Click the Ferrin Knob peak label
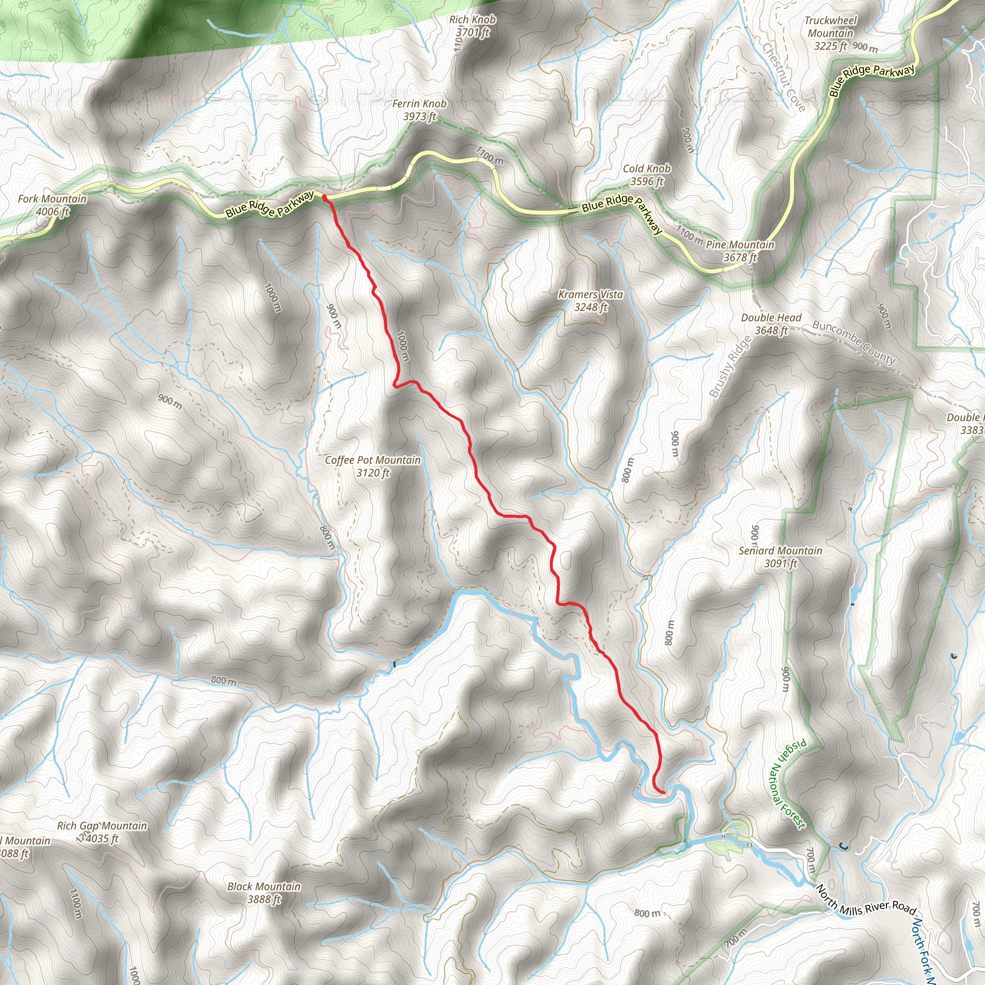[x=419, y=110]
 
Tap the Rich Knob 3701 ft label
[x=472, y=26]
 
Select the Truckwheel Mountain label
[x=831, y=33]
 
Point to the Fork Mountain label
[x=52, y=205]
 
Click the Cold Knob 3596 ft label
[x=646, y=175]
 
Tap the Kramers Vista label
[x=591, y=300]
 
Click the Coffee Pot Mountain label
[x=373, y=466]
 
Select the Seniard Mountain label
[x=780, y=557]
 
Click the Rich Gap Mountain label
[x=102, y=832]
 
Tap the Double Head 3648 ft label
[x=771, y=324]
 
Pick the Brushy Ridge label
[x=730, y=366]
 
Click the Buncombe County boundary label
[x=854, y=342]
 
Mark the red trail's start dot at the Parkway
[x=324, y=196]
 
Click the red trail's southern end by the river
[x=662, y=793]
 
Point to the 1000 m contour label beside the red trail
[x=402, y=346]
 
